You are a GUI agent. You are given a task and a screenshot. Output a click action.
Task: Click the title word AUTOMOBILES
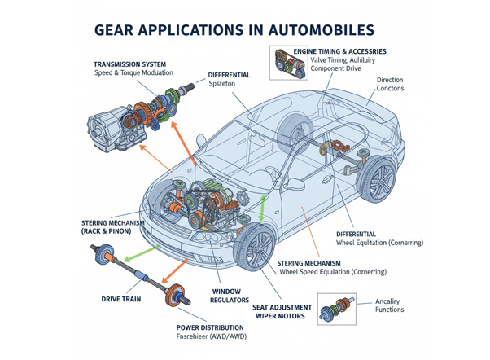tap(315, 30)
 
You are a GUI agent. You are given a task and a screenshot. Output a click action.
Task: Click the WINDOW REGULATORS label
tap(230, 296)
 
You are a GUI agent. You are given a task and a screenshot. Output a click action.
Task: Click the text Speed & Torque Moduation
tap(133, 74)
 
